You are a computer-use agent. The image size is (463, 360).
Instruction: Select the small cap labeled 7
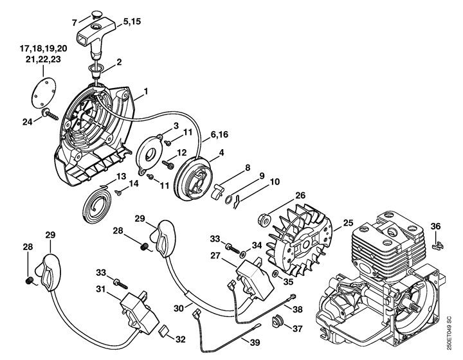(x=96, y=14)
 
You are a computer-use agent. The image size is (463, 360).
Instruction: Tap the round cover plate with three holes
(x=44, y=91)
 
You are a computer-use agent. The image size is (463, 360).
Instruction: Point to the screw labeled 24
(x=51, y=114)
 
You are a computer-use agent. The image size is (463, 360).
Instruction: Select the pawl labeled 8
(x=217, y=192)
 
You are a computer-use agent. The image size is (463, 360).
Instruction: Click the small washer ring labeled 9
(x=229, y=200)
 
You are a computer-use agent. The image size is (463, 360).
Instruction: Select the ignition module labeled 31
(x=139, y=311)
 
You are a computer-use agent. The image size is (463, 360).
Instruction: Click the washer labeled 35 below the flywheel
(x=275, y=273)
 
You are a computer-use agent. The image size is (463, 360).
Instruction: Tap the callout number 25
(x=348, y=223)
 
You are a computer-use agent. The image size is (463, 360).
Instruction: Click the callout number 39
(x=255, y=342)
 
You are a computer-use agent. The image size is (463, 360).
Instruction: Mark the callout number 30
(x=179, y=309)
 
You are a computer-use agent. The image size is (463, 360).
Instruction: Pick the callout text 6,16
(x=219, y=134)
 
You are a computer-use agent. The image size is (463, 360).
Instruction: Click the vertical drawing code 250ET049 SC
(x=449, y=333)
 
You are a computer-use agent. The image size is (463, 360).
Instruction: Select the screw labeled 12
(x=168, y=164)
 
